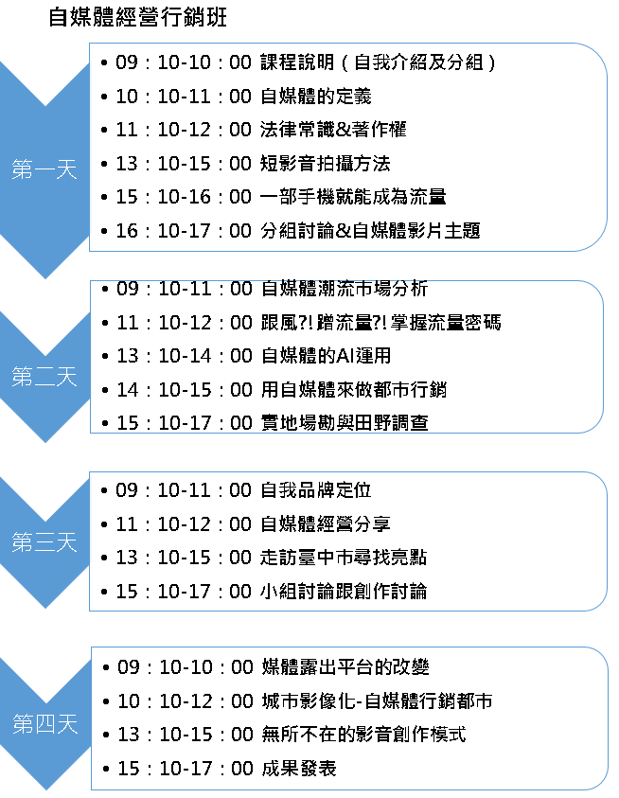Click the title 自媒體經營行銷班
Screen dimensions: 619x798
coord(137,17)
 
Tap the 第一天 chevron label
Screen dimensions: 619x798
coord(44,168)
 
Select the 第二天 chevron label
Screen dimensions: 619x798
coord(44,377)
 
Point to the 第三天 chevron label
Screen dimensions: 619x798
coord(44,542)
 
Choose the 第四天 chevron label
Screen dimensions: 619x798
coord(44,724)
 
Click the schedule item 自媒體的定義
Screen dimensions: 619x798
coord(315,96)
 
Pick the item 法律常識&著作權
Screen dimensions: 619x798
coord(333,130)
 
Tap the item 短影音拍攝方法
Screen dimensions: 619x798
coord(326,164)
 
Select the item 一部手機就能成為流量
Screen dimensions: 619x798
coord(353,197)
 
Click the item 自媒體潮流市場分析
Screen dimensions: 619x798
coord(345,289)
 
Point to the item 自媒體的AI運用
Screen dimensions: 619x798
coord(326,355)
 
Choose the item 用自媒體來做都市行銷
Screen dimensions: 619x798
coord(354,389)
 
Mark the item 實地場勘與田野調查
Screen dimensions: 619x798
coord(345,422)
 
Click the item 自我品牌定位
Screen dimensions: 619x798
coord(315,489)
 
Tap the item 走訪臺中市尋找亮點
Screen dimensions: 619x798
coord(344,558)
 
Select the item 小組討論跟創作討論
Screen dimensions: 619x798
coord(344,591)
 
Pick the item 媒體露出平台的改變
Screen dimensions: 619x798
coord(345,666)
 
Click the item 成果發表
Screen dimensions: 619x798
coord(299,768)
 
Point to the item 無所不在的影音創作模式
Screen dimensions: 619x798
coord(364,734)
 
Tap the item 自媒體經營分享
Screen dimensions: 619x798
coord(326,523)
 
